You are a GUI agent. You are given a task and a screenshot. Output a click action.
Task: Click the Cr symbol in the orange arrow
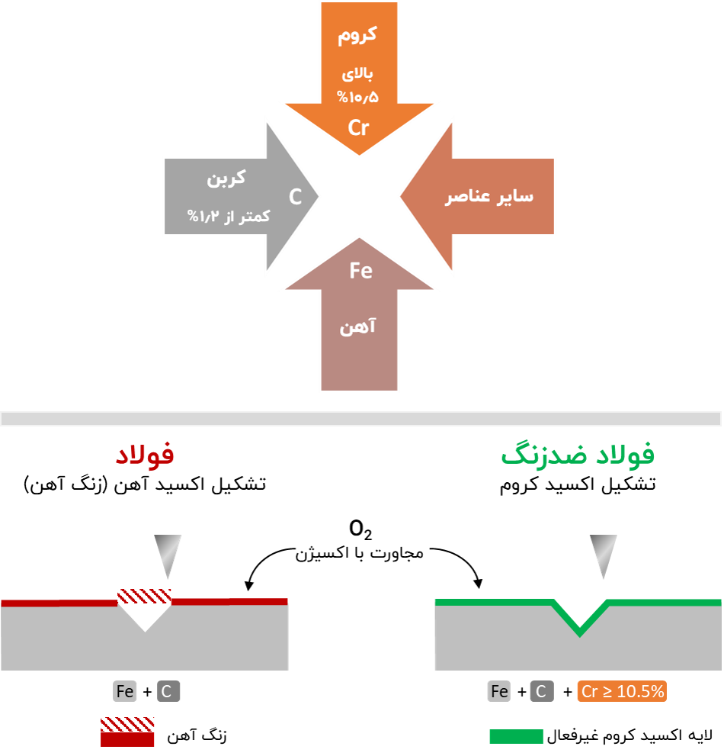coord(358,127)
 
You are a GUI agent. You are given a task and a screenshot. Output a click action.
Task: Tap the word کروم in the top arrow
coord(357,35)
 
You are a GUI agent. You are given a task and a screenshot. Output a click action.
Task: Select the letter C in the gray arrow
coord(295,196)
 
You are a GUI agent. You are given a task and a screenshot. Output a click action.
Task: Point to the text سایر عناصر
coord(489,196)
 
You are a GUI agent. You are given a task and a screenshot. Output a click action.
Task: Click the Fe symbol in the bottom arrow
coord(360,270)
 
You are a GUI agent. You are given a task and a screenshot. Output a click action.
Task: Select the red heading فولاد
coord(145,455)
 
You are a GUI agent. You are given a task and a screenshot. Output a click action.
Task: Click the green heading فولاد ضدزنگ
coord(578,455)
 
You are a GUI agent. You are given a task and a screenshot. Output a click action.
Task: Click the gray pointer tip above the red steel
coord(168,555)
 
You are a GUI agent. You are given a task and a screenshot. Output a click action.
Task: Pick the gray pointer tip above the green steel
coord(603,555)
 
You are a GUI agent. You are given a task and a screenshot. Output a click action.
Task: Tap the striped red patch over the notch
coord(144,596)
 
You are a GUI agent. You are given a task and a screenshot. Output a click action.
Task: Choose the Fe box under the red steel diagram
coord(125,692)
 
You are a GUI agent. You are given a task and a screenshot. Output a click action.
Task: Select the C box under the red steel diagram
coord(168,692)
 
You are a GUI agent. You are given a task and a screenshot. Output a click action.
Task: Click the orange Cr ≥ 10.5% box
coord(622,692)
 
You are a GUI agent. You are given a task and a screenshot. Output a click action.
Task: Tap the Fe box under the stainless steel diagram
coord(499,692)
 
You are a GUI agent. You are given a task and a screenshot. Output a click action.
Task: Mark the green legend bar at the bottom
coord(516,736)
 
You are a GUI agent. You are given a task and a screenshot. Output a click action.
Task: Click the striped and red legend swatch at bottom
coord(127,732)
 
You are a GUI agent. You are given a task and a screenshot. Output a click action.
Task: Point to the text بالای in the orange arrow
coord(357,74)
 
